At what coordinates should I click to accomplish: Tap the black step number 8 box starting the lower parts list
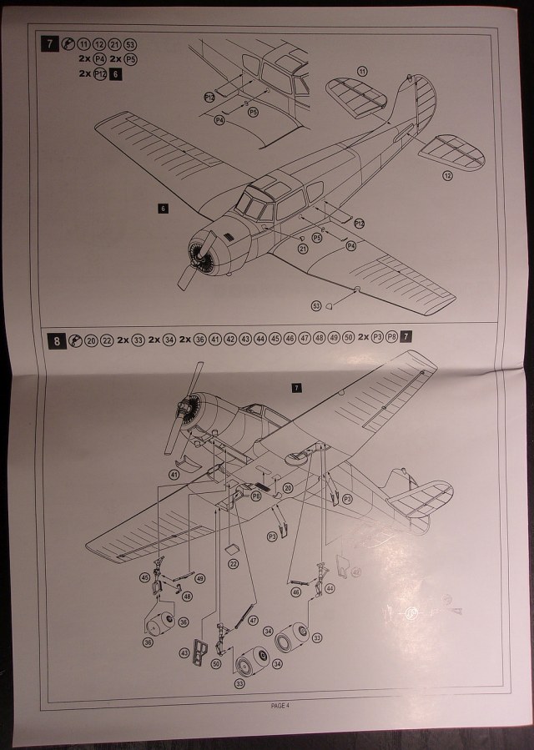56,340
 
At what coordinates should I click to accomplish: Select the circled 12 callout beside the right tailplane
447,175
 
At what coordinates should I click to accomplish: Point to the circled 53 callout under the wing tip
315,306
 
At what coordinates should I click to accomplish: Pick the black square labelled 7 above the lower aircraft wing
296,387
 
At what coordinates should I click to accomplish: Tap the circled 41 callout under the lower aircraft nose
174,474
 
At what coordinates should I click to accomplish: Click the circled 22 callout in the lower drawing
234,564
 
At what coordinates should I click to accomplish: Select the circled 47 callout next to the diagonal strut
253,621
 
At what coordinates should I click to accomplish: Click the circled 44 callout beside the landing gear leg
330,589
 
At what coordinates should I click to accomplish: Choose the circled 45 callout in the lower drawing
144,577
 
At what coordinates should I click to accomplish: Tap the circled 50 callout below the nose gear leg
217,664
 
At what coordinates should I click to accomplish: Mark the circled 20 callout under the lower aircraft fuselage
288,488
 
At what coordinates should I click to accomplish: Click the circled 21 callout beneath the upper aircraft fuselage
302,249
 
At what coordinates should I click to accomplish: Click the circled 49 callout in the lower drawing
200,577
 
